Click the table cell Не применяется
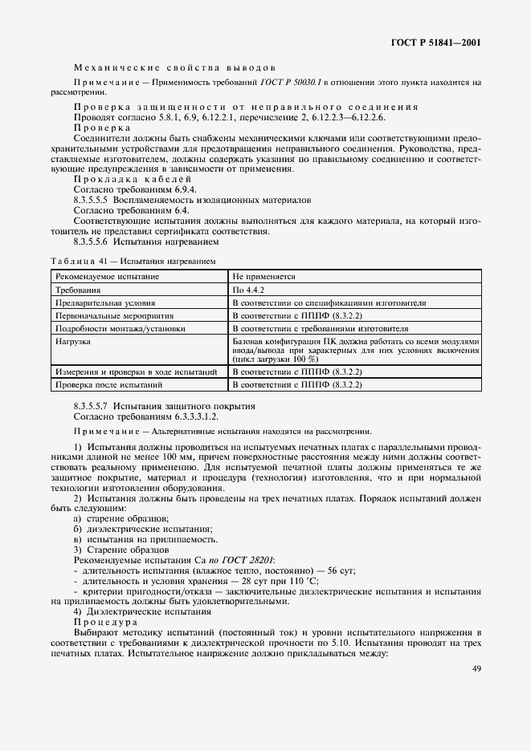tap(264, 276)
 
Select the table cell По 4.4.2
tap(247, 290)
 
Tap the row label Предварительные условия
tap(104, 303)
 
